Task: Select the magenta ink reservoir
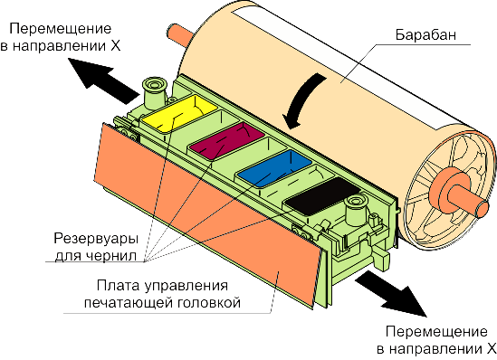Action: (x=226, y=139)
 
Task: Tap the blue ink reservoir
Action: (x=274, y=168)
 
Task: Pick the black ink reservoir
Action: (x=322, y=195)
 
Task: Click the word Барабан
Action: (x=425, y=34)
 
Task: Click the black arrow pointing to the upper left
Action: (x=103, y=80)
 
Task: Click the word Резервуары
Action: (x=96, y=239)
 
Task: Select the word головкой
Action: (x=208, y=303)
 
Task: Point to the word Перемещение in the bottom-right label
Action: (x=436, y=332)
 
